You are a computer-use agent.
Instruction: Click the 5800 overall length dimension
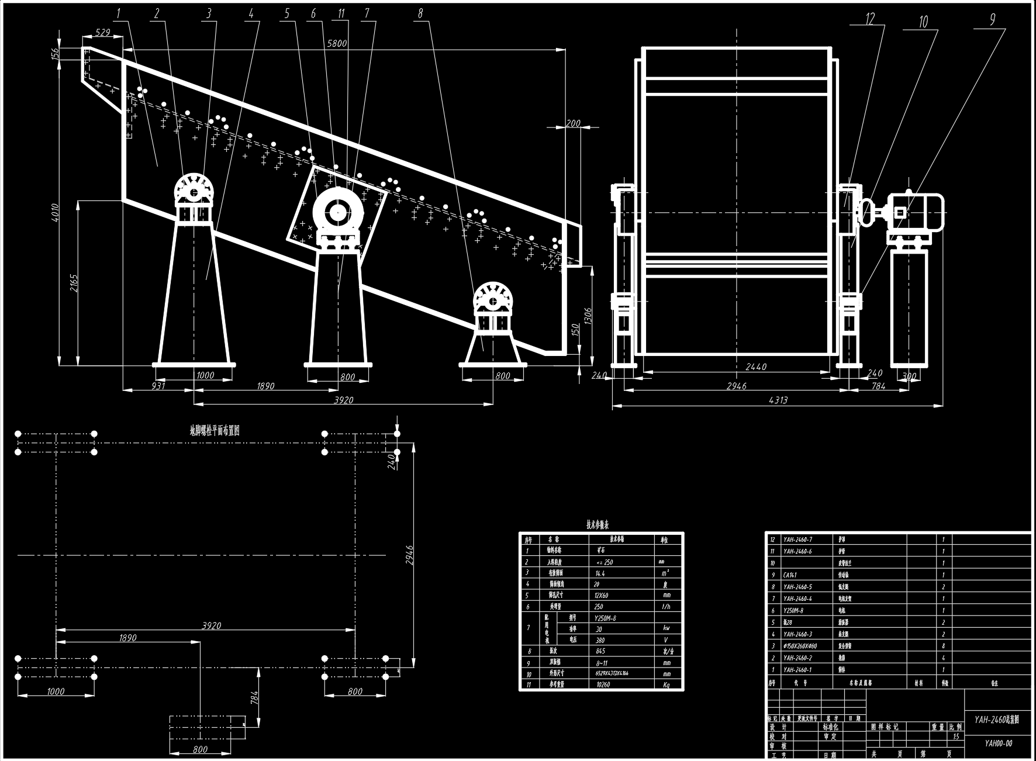coord(337,43)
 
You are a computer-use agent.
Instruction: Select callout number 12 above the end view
coord(870,19)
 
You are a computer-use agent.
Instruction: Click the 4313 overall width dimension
coord(778,400)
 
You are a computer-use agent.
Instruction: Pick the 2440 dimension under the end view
coord(756,367)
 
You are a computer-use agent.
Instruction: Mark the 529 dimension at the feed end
coord(103,33)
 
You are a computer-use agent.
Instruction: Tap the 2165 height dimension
coord(73,285)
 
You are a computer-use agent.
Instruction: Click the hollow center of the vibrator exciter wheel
coord(338,213)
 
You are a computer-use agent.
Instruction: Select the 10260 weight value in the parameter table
coord(602,684)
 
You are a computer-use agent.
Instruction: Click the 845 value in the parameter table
coord(600,651)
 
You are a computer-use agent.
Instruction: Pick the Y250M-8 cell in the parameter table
coord(605,618)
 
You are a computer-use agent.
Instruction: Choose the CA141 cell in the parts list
coord(791,575)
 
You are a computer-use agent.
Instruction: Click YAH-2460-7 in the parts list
coord(797,539)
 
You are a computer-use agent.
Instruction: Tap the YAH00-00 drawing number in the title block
coord(998,744)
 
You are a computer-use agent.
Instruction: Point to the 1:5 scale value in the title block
coord(956,737)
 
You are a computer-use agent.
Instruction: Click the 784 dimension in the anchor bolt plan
coord(254,697)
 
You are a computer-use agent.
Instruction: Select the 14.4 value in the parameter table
coord(600,573)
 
